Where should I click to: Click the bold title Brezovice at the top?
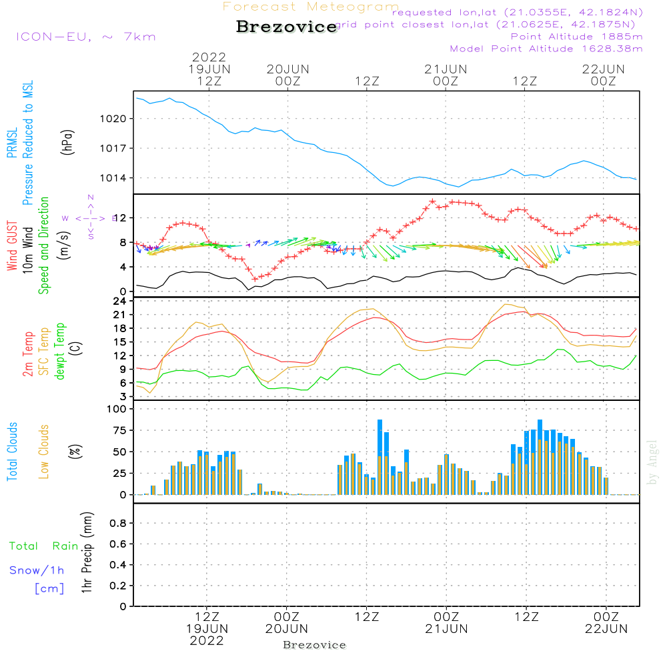pos(287,27)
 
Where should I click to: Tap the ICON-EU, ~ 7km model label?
pos(85,37)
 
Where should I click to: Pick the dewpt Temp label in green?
pos(60,351)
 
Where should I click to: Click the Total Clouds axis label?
pos(12,452)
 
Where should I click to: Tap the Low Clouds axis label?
pos(44,452)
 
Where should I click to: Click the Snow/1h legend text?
pos(37,570)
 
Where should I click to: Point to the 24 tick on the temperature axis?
pos(121,301)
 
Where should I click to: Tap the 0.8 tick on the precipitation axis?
pos(118,524)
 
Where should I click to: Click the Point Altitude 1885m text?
pos(577,37)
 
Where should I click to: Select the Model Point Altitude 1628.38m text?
pos(546,49)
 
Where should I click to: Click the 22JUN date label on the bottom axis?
pos(606,628)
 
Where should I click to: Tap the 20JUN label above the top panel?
pos(288,69)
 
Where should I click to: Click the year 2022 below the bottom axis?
pos(207,641)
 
